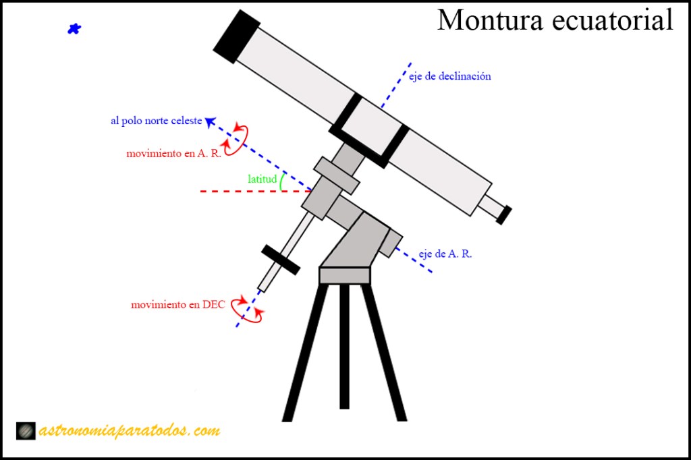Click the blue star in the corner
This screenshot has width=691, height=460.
pos(74,29)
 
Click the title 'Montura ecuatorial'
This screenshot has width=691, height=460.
pos(555,20)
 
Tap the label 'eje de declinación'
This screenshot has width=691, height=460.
pos(449,76)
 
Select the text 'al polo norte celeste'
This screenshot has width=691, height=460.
pos(157,121)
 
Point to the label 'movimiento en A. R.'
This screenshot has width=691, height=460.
pos(173,153)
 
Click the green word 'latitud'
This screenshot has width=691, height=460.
pos(262,179)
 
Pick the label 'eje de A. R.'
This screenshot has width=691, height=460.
pos(445,254)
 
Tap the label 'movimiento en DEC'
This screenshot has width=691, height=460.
pos(178,304)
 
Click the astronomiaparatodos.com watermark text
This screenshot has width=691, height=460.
pos(130,430)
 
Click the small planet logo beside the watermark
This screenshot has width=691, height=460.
pos(26,430)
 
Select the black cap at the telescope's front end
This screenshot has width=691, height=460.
pos(237,37)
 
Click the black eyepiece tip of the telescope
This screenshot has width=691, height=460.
pos(503,215)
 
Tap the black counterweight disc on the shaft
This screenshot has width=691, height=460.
pos(281,260)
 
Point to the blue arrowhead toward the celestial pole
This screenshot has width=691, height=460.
pos(211,121)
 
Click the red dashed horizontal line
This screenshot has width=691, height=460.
pos(256,192)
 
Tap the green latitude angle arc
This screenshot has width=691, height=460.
pos(282,181)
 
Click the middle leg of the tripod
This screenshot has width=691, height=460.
pos(344,347)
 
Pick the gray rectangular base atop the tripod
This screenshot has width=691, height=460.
pos(345,275)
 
